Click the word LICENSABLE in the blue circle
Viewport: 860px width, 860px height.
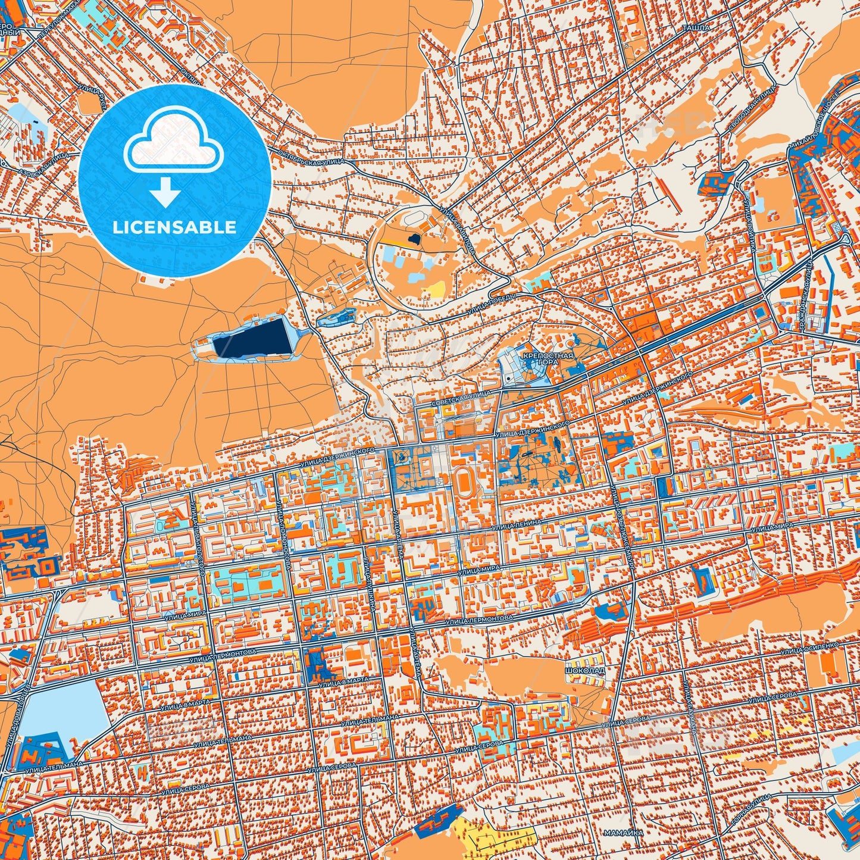tap(175, 227)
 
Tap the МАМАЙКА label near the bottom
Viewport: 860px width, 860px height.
tap(623, 833)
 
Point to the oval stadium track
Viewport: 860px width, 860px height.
tap(463, 479)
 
